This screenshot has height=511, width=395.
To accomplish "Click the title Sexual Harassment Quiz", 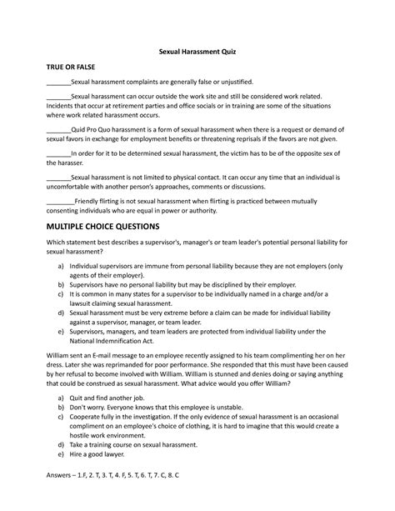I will point(197,52).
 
